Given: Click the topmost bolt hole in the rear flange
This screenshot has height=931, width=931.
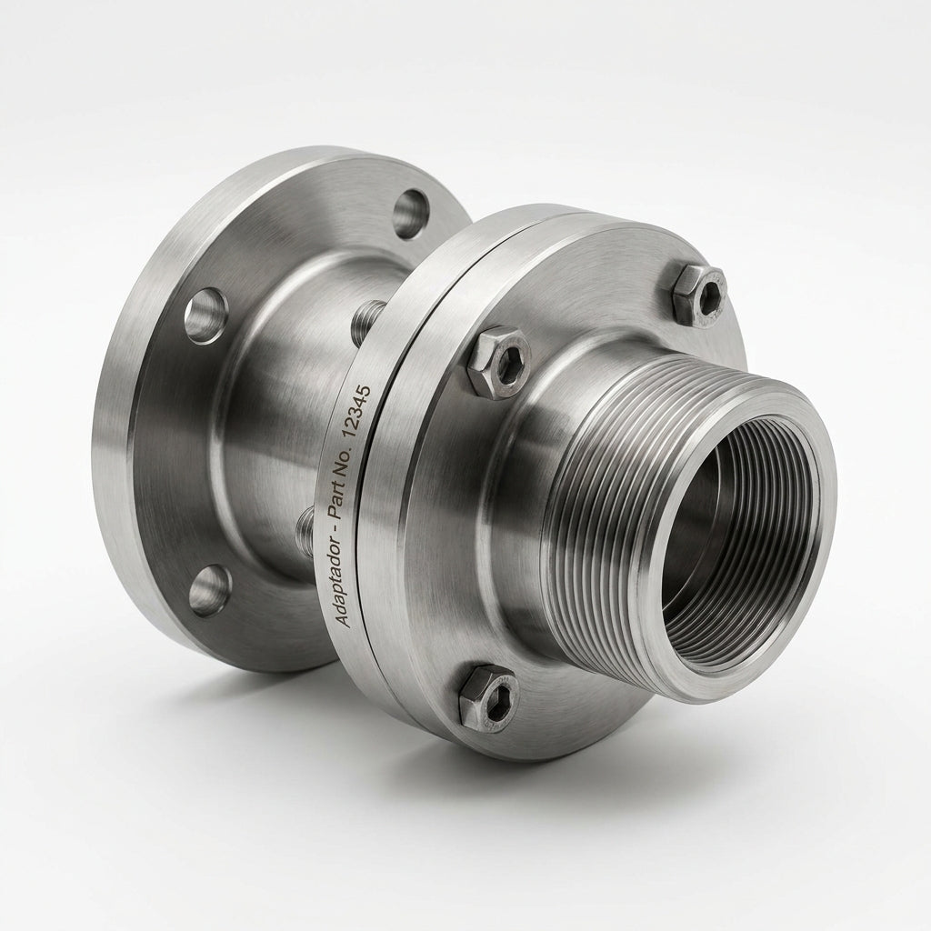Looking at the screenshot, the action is coord(411,213).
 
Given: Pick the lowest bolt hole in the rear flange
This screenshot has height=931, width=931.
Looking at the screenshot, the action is coord(210,590).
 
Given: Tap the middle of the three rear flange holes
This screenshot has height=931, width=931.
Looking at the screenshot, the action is coord(205,316).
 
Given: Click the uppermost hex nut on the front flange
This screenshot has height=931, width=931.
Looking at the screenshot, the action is coord(699,295).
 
